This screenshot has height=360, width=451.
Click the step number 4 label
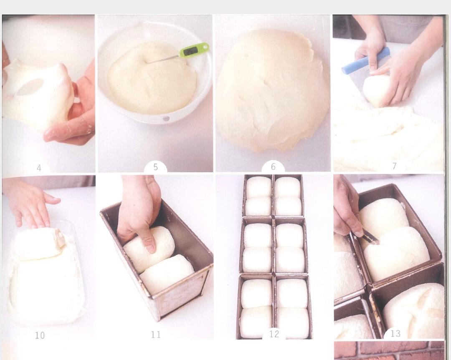[39, 168]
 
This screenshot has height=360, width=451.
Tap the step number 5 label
[156, 167]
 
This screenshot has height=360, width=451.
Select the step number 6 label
[273, 166]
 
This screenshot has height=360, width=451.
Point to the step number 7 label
[394, 166]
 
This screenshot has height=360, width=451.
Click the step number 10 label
[40, 335]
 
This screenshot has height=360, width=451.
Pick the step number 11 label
[156, 335]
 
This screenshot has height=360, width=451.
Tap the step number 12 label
[274, 334]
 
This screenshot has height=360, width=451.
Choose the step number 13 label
[395, 333]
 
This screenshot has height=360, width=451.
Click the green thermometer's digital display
[190, 51]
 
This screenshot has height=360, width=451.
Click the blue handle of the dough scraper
[365, 60]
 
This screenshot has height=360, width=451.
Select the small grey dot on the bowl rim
[166, 118]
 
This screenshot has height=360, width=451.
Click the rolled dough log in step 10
[39, 243]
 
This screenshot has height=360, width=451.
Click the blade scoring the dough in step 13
[370, 237]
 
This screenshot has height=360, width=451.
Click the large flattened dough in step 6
[273, 91]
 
